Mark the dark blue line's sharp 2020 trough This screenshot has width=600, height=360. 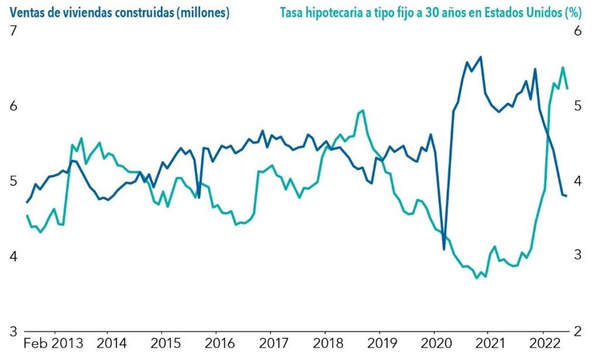point(444,250)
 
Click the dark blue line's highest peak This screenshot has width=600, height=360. point(481,57)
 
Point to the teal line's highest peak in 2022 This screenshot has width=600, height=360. point(563,67)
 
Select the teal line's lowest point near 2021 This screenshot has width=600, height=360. point(476,278)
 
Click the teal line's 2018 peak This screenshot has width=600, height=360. point(363,110)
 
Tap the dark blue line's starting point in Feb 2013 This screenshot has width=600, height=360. point(27,202)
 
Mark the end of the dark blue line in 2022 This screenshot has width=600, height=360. point(566,196)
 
